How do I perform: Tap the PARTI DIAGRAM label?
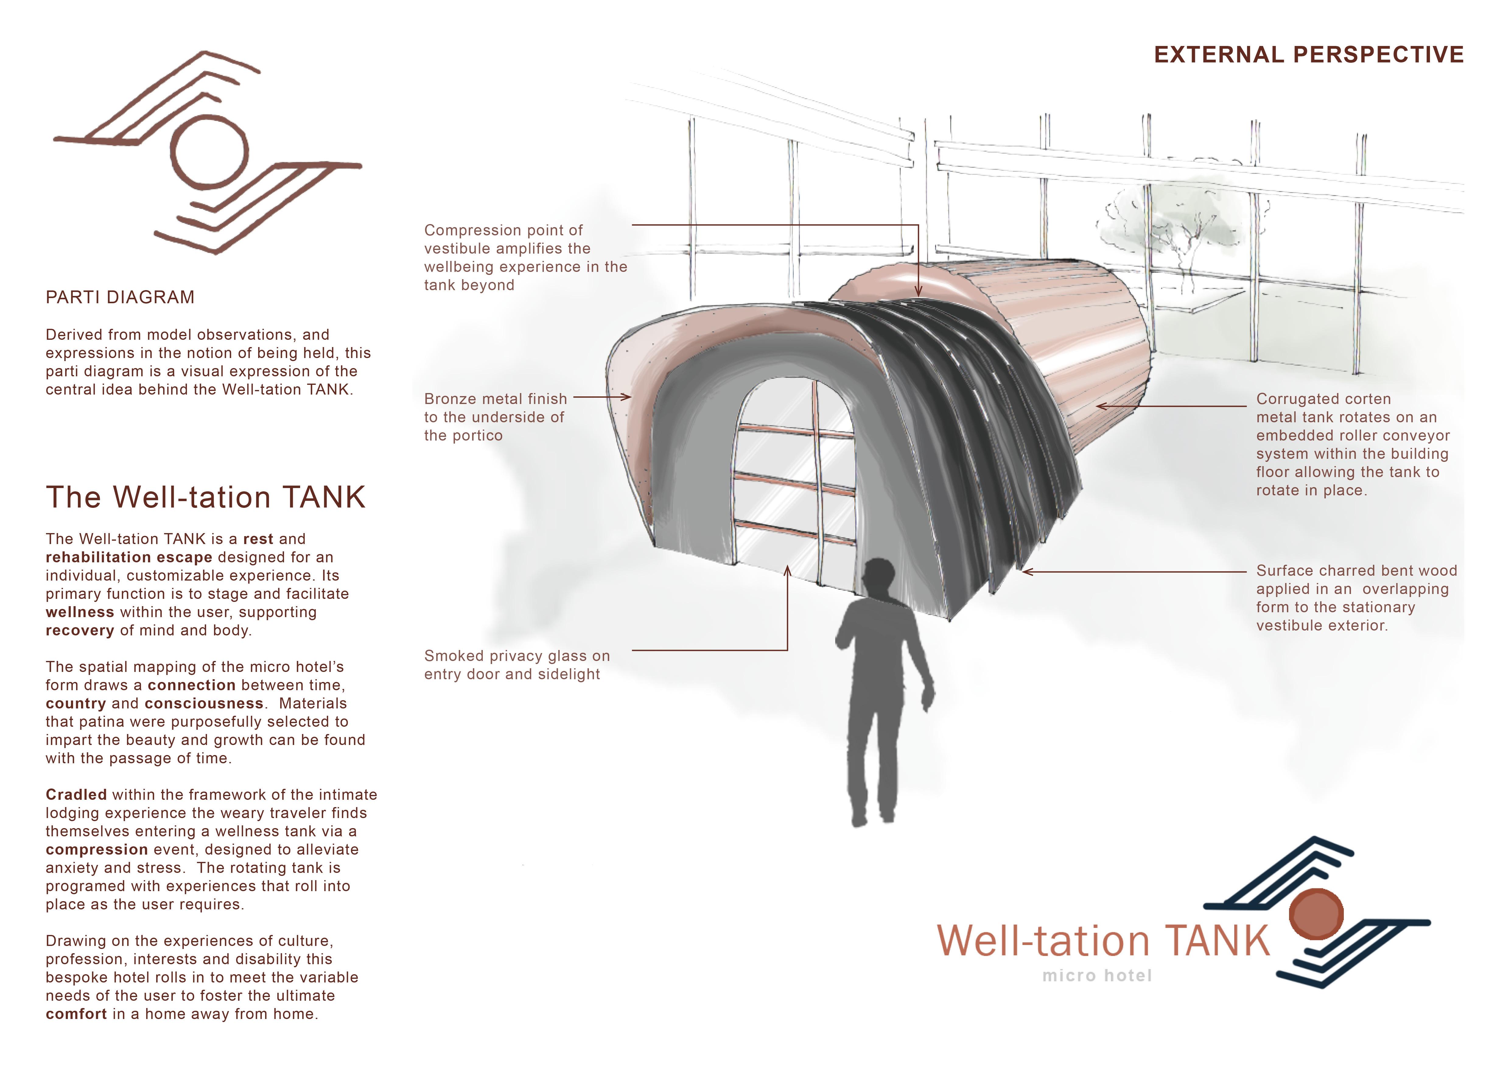120,297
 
